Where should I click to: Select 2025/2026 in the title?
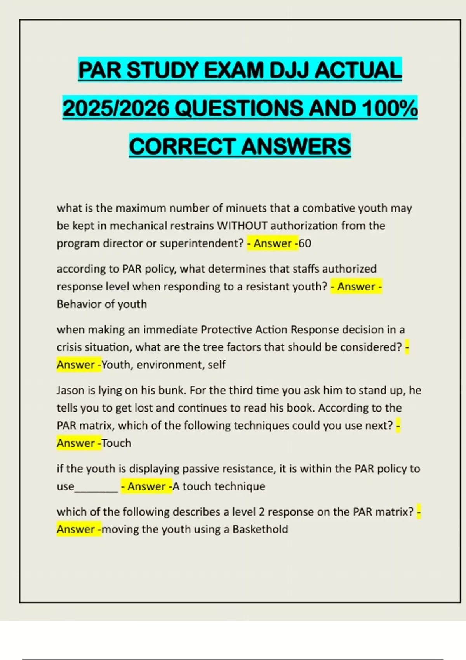[x=116, y=108]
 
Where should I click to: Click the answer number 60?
[x=305, y=243]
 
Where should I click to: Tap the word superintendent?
[x=202, y=243]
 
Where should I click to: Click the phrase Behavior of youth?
[x=102, y=304]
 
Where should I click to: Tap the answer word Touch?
[x=116, y=443]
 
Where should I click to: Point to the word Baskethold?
[x=260, y=529]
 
